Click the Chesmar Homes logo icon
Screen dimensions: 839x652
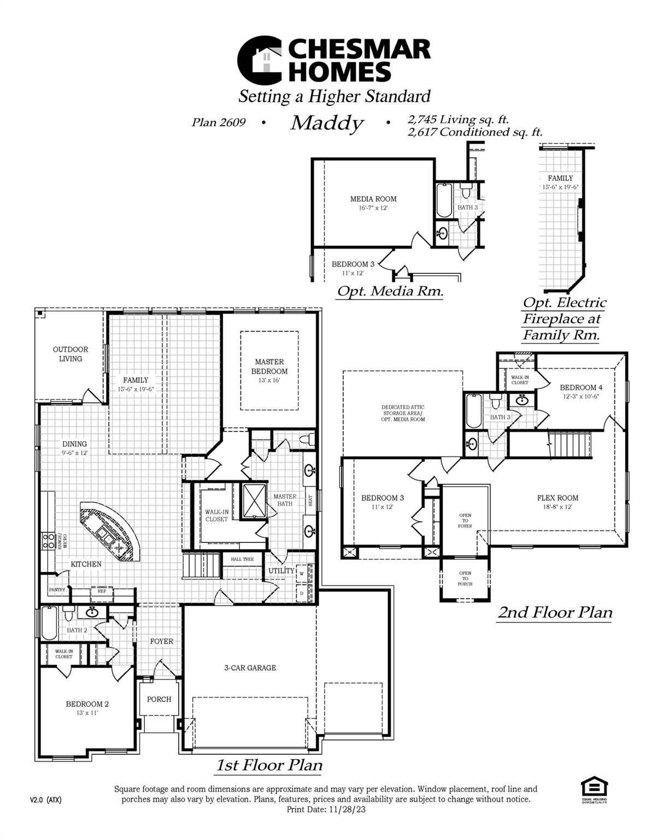[x=260, y=59]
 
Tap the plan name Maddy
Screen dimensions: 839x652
[x=326, y=123]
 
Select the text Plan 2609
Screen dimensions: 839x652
[x=218, y=122]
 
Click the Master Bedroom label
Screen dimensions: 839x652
[x=269, y=367]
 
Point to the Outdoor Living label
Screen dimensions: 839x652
[x=71, y=354]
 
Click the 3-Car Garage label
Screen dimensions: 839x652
[x=250, y=667]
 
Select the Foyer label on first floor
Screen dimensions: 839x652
[x=161, y=641]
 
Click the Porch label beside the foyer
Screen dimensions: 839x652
[x=159, y=699]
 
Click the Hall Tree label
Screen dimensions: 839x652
[x=242, y=559]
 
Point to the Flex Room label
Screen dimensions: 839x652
[x=557, y=498]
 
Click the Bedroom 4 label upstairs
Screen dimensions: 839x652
[x=581, y=387]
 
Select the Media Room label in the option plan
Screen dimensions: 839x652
[x=373, y=199]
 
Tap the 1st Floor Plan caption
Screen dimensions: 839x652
[x=269, y=765]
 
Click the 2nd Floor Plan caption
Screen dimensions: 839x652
[x=555, y=612]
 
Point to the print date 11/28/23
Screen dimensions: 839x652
[x=345, y=810]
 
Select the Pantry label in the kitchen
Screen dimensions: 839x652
[x=57, y=590]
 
